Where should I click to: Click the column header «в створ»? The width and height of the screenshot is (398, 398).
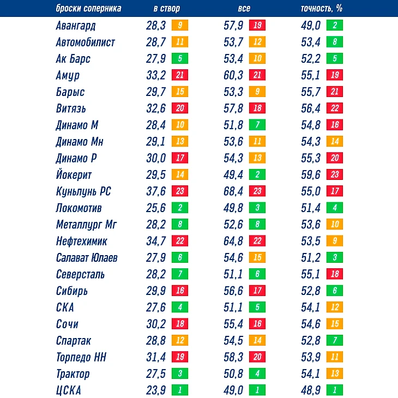[x=166, y=9]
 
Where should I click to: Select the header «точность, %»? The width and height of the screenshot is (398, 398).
[x=322, y=9]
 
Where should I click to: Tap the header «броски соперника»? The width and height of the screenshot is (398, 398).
[x=89, y=9]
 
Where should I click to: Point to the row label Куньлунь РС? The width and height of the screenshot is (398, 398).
[x=83, y=191]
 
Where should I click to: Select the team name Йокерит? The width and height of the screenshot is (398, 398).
[x=74, y=175]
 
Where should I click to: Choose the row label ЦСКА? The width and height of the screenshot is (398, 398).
[x=68, y=391]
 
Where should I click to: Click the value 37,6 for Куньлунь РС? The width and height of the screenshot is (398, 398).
[x=156, y=191]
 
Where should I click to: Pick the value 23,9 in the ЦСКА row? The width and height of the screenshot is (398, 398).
[x=156, y=391]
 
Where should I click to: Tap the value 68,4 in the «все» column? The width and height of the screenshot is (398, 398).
[x=233, y=191]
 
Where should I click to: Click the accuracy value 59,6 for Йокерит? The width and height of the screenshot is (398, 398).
[x=311, y=175]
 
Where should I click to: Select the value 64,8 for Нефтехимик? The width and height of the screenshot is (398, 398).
[x=233, y=242]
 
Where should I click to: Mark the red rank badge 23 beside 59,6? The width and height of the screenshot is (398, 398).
[x=335, y=175]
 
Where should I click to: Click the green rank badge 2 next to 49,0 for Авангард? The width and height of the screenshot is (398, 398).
[x=335, y=25]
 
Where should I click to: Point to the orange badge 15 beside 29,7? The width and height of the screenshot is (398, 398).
[x=180, y=92]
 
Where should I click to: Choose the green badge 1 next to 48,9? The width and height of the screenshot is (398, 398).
[x=335, y=391]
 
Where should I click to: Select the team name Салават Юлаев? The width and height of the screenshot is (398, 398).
[x=87, y=258]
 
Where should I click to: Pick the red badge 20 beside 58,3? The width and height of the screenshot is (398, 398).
[x=257, y=358]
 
